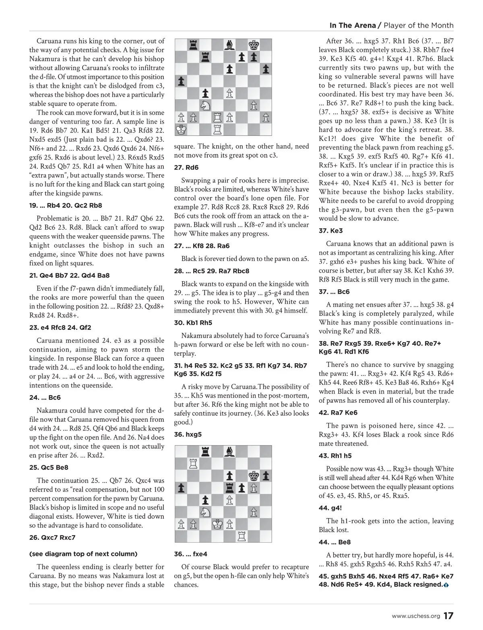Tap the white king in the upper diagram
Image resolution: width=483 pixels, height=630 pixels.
click(181, 130)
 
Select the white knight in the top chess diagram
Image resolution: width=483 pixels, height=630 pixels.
click(205, 106)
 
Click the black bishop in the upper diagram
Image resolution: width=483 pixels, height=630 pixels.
click(229, 44)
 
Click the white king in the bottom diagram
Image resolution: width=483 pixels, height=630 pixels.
click(217, 524)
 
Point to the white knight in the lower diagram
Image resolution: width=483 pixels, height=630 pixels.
click(205, 512)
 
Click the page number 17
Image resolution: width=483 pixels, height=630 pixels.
click(448, 616)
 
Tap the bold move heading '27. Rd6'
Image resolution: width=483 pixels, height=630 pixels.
click(186, 168)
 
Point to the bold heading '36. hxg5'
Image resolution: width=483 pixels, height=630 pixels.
click(188, 435)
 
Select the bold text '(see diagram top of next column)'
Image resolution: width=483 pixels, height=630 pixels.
click(83, 554)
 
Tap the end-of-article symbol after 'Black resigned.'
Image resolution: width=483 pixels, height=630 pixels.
click(446, 585)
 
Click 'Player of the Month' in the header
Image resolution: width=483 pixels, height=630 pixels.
click(419, 25)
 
